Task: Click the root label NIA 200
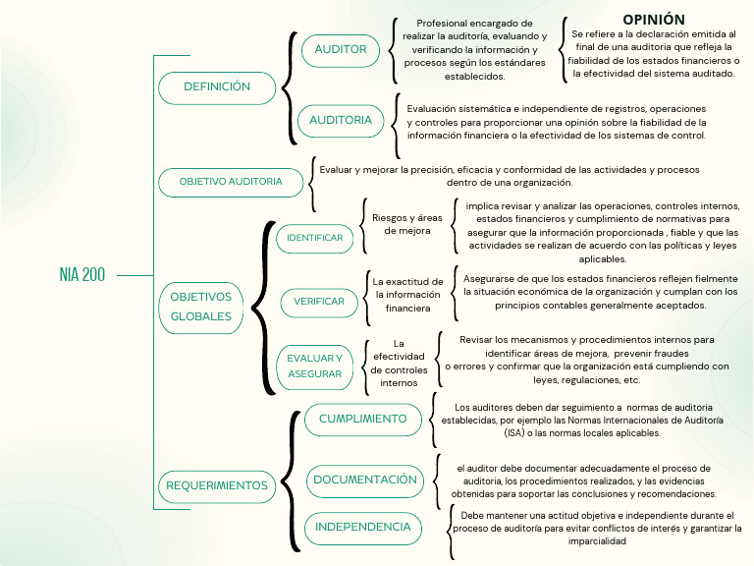[81, 275]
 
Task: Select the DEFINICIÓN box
[217, 87]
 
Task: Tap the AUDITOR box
[340, 49]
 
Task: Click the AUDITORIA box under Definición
[341, 120]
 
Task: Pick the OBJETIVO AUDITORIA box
[231, 182]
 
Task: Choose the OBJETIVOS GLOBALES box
[201, 307]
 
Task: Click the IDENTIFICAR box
[314, 238]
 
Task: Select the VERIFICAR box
[319, 302]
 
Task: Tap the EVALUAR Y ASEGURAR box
[314, 367]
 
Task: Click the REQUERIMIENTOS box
[217, 485]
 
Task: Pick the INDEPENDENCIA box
[362, 528]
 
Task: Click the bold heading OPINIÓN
[653, 20]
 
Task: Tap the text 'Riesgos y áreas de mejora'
[407, 224]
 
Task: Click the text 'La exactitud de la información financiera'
[407, 295]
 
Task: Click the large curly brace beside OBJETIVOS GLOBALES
[260, 307]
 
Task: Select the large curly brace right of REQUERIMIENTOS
[291, 481]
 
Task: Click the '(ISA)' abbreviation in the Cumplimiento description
[515, 432]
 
